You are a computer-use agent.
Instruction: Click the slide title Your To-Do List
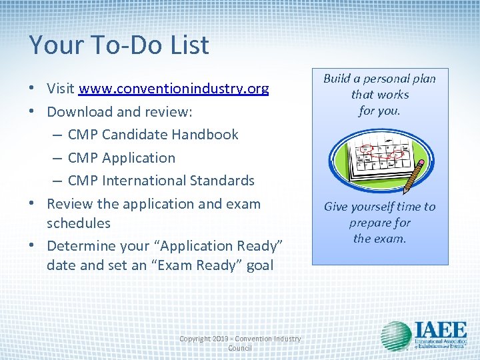[119, 45]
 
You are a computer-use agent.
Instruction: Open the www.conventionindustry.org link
[173, 89]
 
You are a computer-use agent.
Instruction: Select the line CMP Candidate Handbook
[153, 135]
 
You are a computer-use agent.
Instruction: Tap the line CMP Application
[121, 158]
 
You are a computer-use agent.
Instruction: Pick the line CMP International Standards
[161, 181]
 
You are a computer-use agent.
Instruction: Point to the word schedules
[79, 223]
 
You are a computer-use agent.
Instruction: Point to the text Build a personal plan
[379, 79]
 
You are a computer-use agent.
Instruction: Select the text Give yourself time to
[379, 207]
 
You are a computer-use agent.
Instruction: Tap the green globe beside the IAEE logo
[396, 336]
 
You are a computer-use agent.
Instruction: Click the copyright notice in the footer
[240, 343]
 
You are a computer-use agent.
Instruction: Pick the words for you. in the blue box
[379, 111]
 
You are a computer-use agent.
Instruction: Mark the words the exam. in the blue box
[379, 239]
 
